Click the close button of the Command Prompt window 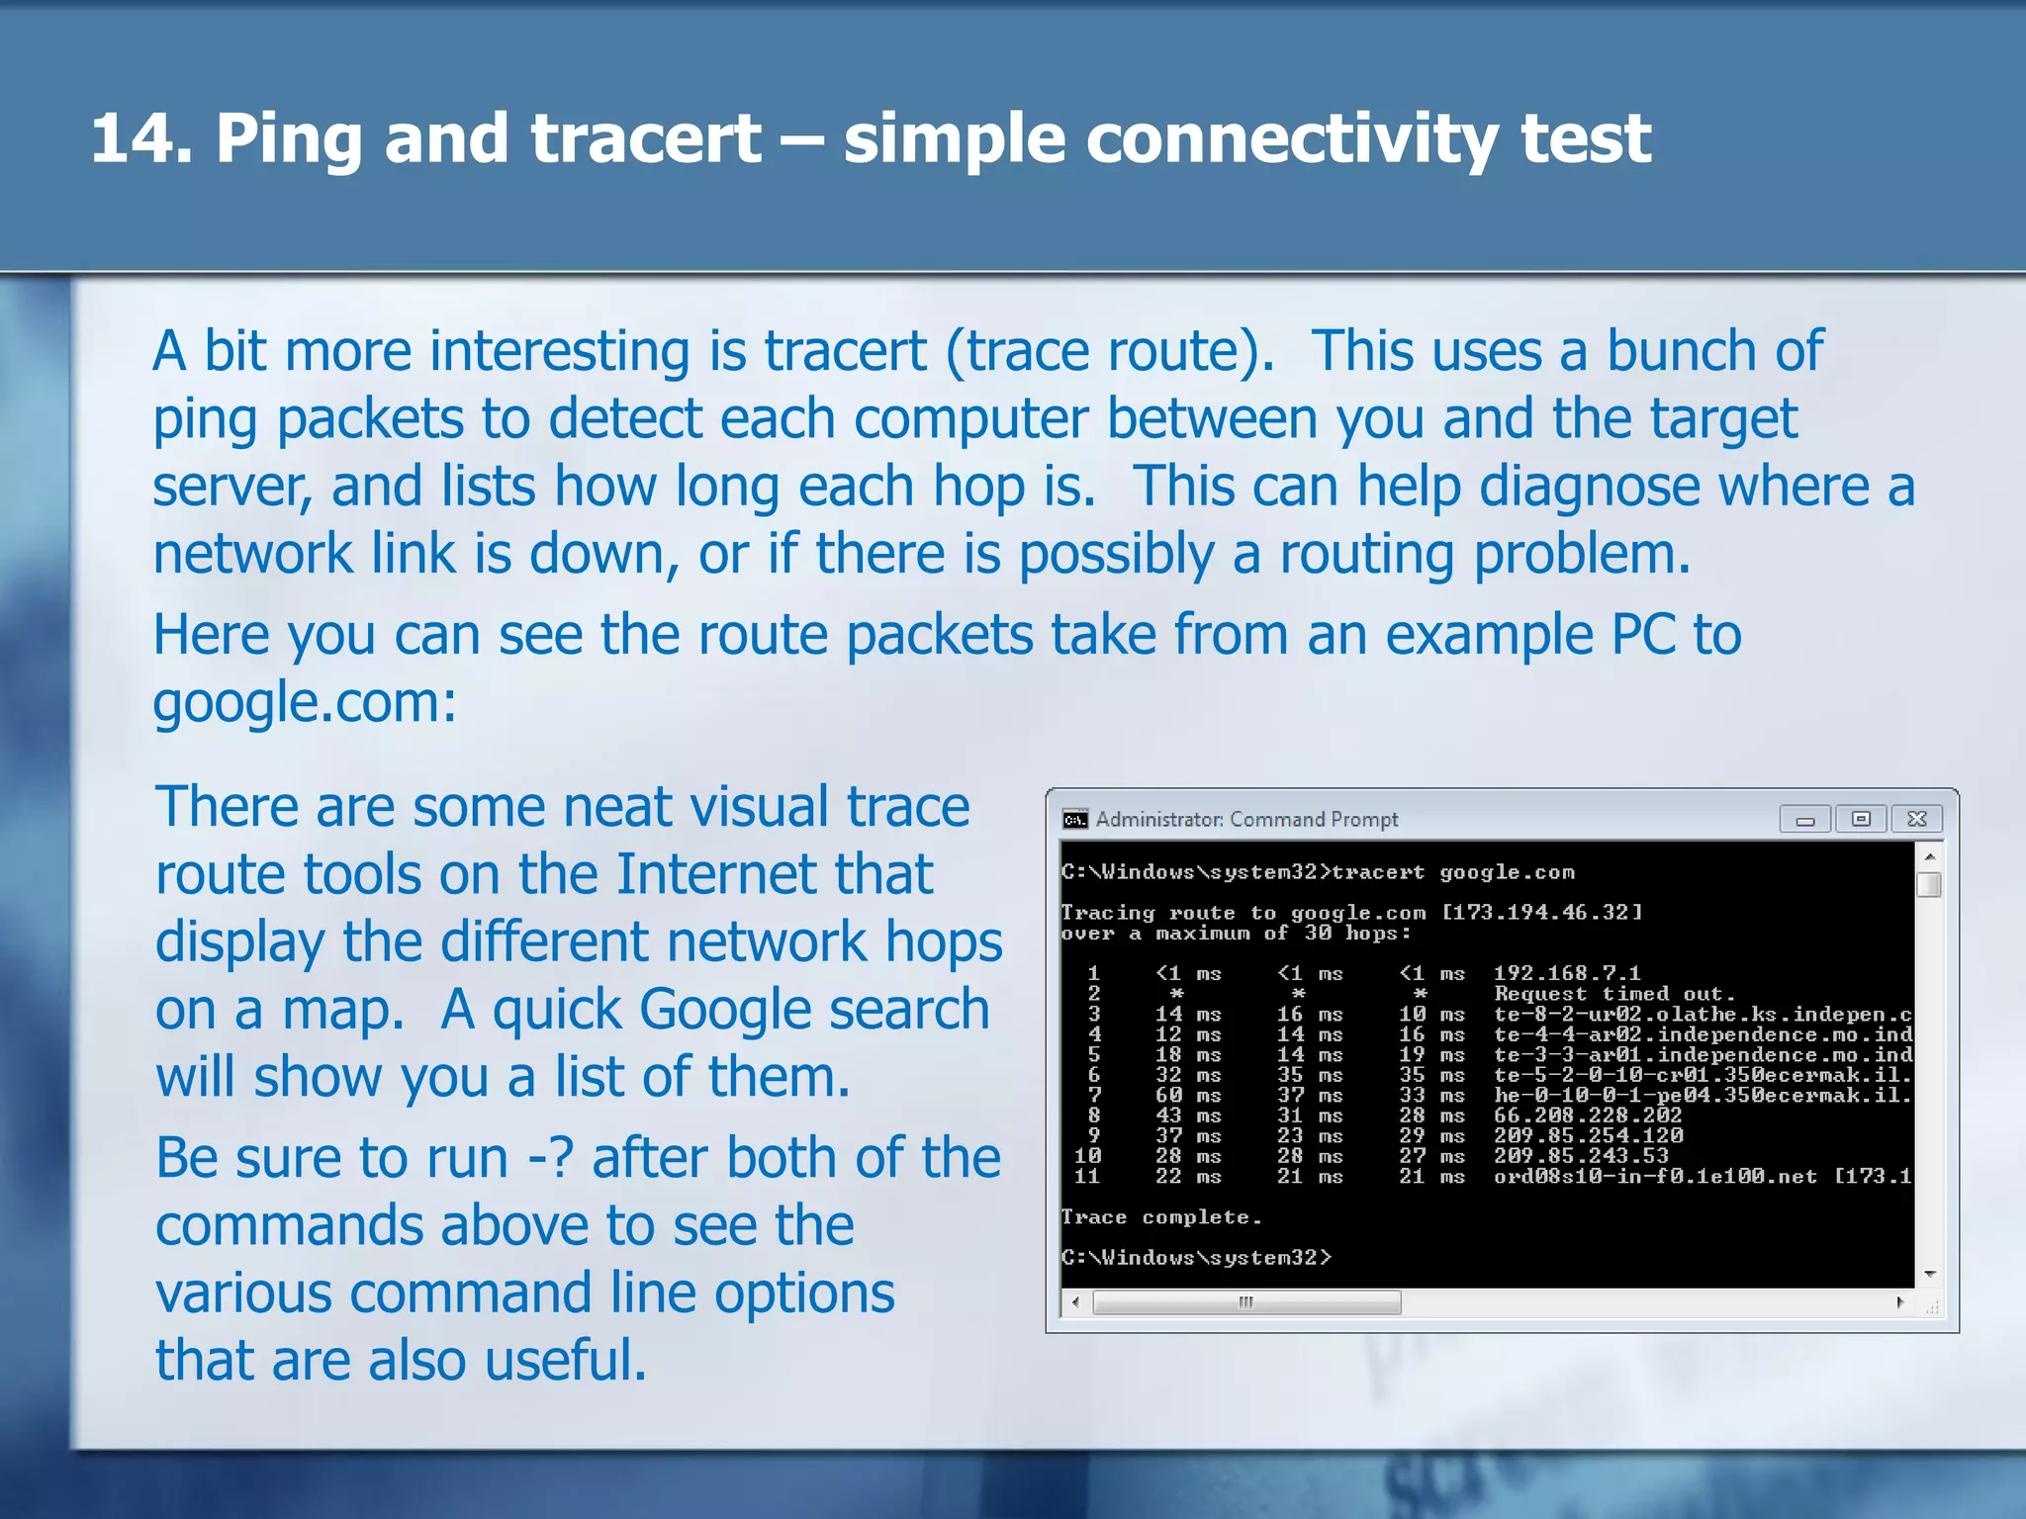tap(1916, 819)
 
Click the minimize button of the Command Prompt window tap(1804, 819)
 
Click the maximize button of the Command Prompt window tap(1861, 819)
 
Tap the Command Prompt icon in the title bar tap(1074, 820)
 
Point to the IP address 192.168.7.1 tap(1566, 973)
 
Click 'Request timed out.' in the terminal tap(1614, 994)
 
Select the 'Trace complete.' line tap(1160, 1217)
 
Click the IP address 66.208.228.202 tap(1587, 1116)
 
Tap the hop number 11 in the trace tap(1086, 1177)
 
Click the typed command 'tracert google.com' tap(1451, 872)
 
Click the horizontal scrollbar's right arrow tap(1899, 1302)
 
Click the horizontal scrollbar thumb tap(1245, 1302)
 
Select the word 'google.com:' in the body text tap(305, 703)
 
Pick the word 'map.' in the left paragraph tap(343, 1011)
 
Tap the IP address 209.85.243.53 tap(1580, 1156)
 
